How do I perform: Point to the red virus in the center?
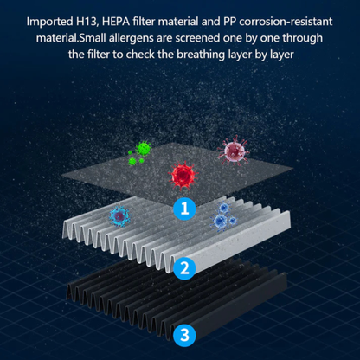coord(183,176)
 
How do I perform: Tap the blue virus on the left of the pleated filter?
coord(118,216)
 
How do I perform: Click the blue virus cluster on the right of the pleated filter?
coord(227,216)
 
